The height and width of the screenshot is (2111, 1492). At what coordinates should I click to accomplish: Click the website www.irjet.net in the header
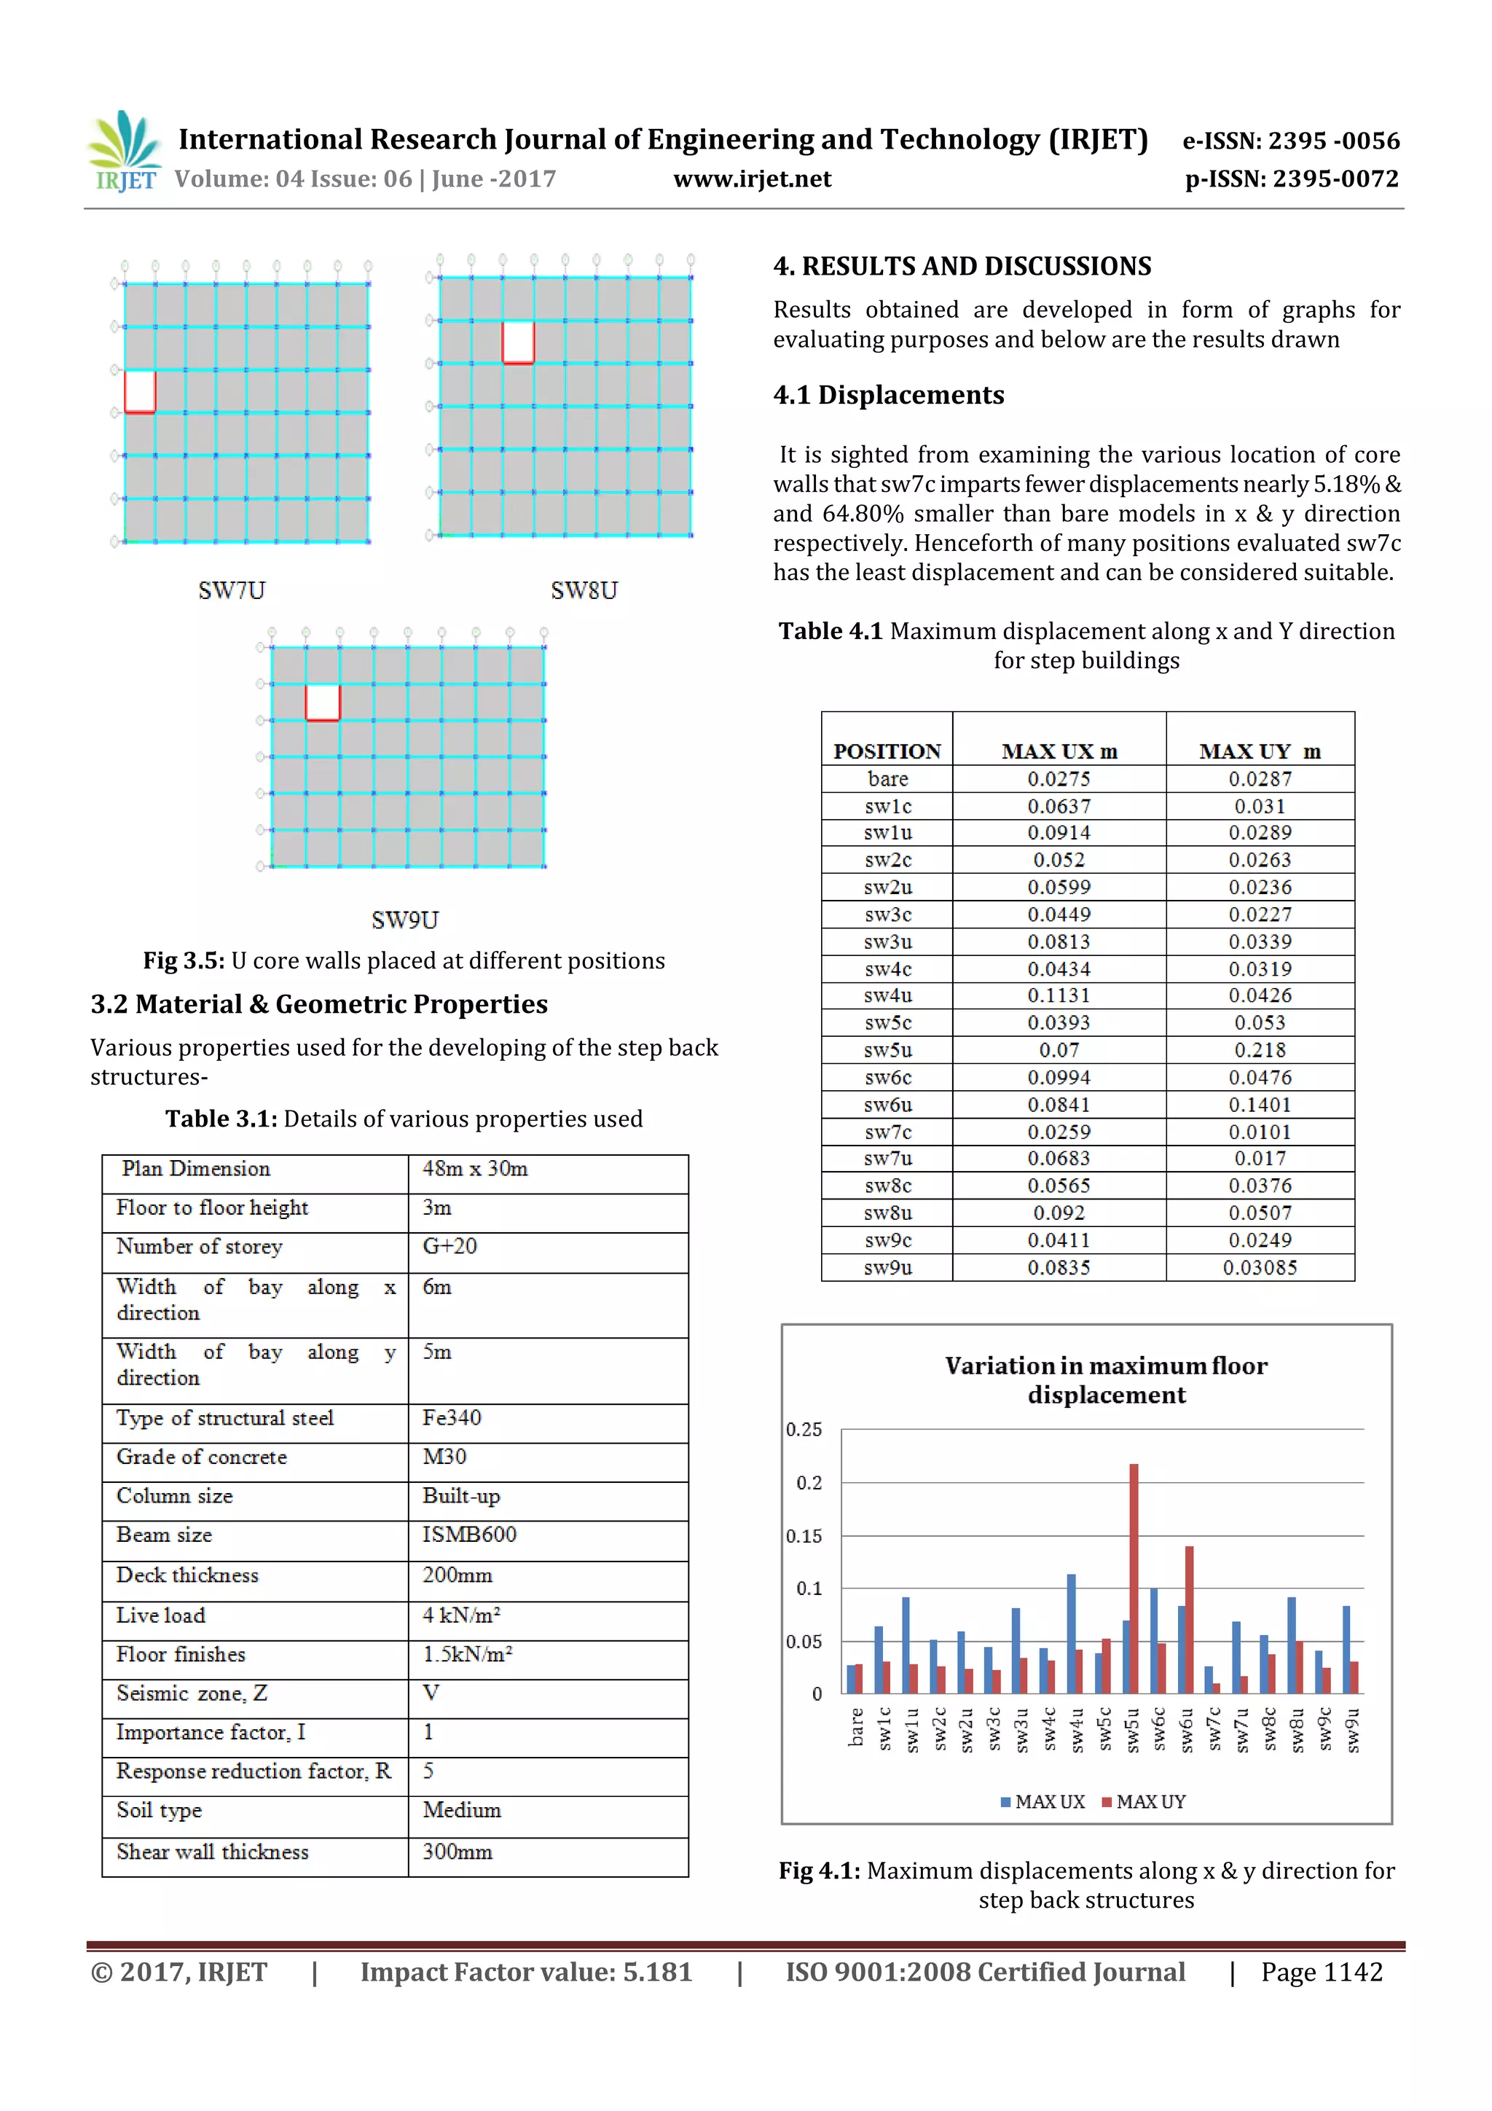pyautogui.click(x=751, y=179)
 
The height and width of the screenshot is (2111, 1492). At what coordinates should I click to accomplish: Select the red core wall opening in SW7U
pyautogui.click(x=140, y=392)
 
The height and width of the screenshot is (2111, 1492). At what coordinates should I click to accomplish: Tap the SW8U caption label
pyautogui.click(x=584, y=590)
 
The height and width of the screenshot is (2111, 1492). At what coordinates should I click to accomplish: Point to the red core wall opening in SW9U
pyautogui.click(x=323, y=702)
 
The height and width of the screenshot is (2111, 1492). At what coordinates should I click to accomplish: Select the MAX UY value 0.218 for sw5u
pyautogui.click(x=1260, y=1050)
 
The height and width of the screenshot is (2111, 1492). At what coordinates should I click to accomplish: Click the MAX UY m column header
pyautogui.click(x=1260, y=751)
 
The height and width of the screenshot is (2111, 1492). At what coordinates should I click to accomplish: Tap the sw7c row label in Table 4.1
pyautogui.click(x=887, y=1132)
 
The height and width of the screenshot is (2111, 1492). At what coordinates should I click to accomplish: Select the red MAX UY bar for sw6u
pyautogui.click(x=1189, y=1618)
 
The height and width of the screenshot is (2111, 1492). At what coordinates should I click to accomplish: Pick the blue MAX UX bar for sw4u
pyautogui.click(x=1071, y=1633)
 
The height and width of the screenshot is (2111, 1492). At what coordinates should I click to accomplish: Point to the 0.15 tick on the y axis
pyautogui.click(x=804, y=1536)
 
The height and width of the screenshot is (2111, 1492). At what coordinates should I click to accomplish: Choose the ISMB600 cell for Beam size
pyautogui.click(x=469, y=1535)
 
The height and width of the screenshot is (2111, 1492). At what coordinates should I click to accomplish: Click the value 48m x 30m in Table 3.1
pyautogui.click(x=474, y=1169)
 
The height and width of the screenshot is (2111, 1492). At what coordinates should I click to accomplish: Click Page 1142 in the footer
pyautogui.click(x=1321, y=1972)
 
